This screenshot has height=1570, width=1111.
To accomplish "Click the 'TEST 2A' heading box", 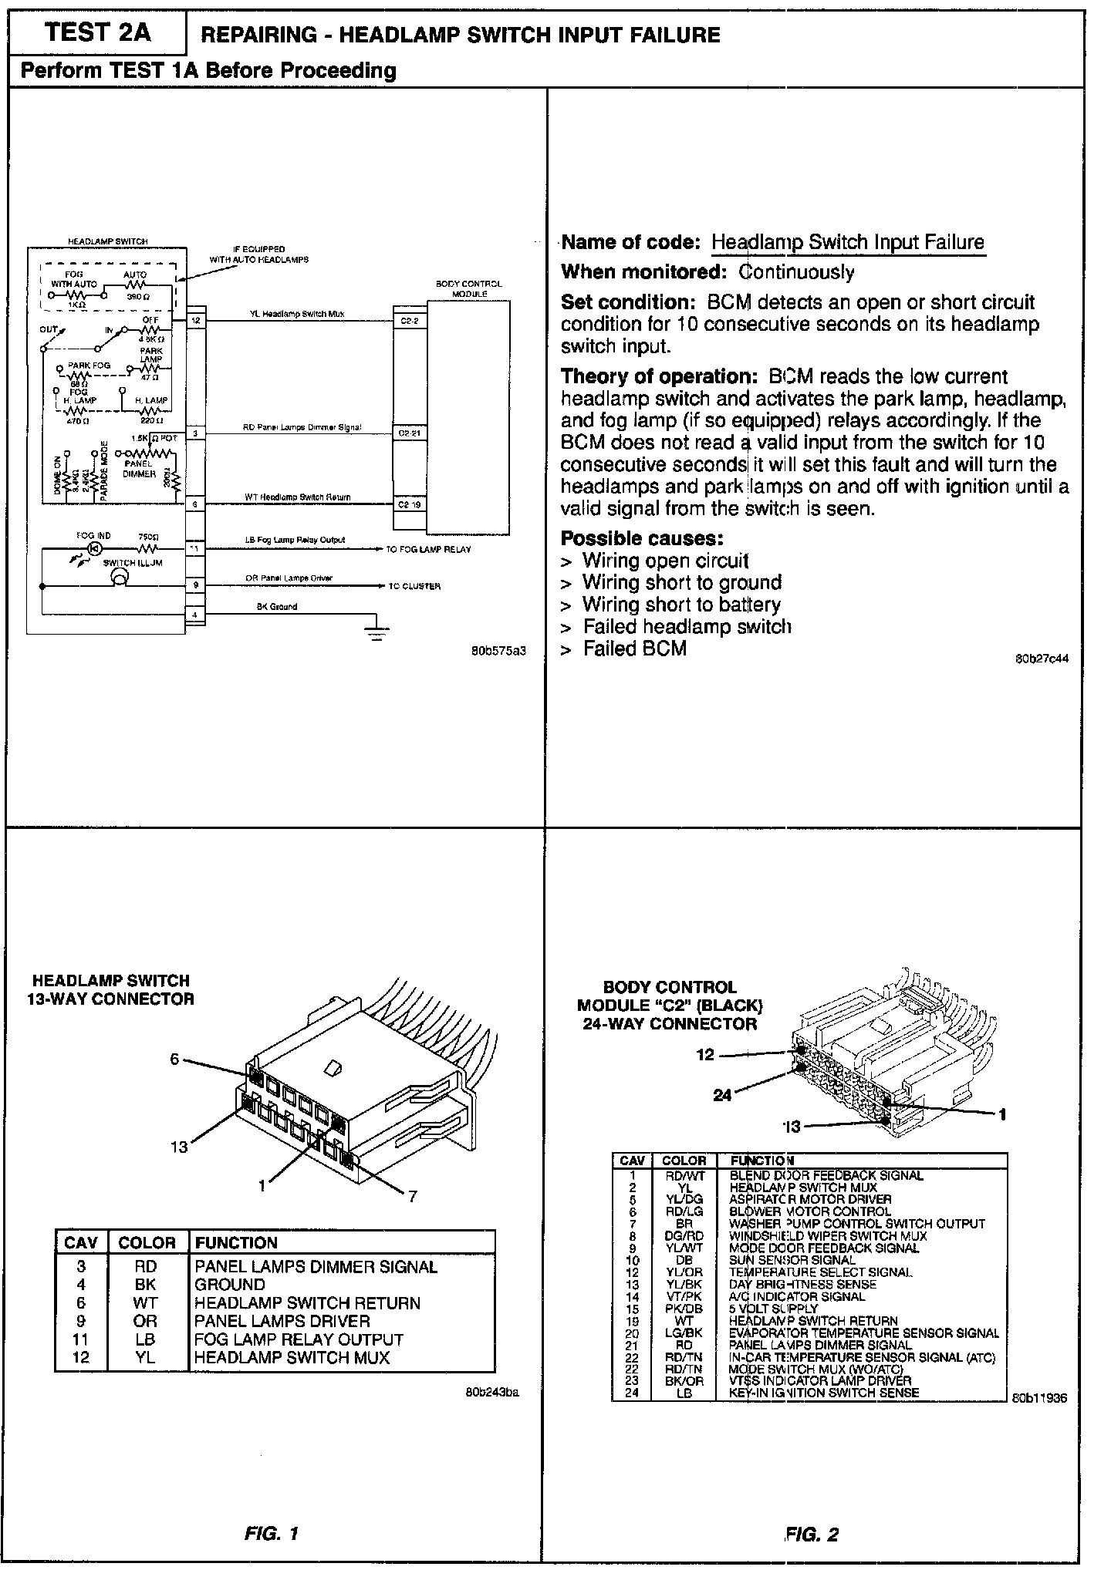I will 97,33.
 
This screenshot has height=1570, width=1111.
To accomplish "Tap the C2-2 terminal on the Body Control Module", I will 409,320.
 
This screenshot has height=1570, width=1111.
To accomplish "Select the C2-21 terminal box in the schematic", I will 409,433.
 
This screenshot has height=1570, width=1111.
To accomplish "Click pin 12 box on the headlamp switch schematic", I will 196,320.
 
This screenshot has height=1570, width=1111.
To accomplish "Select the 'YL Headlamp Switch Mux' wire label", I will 297,314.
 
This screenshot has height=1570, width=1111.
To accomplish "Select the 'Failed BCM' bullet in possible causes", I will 634,649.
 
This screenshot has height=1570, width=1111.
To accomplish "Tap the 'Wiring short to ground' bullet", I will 682,582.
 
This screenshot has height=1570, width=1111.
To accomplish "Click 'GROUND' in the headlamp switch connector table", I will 230,1285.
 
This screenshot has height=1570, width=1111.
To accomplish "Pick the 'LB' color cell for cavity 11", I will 146,1339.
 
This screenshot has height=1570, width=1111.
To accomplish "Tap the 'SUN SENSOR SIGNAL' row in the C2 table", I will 792,1260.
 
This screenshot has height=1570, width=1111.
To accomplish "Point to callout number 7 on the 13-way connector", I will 413,1196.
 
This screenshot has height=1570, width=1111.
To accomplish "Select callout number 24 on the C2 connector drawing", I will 722,1094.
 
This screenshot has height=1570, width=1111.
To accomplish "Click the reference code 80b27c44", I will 1042,659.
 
